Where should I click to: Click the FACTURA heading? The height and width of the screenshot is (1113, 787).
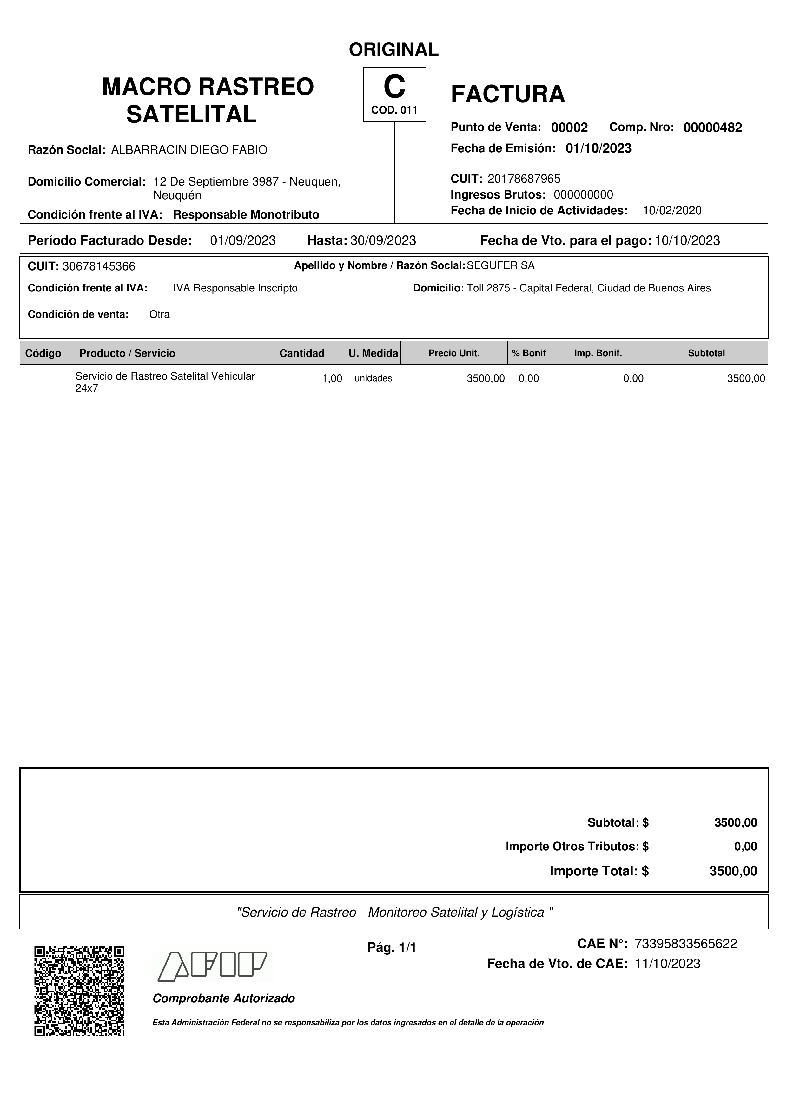tap(508, 94)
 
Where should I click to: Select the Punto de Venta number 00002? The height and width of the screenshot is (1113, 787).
tap(569, 128)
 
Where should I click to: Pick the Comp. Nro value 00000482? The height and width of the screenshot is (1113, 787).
tap(712, 128)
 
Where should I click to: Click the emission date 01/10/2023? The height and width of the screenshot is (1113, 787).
tap(599, 148)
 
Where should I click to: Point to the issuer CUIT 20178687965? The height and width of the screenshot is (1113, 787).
tap(524, 179)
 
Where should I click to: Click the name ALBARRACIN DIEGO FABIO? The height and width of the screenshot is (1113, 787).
tap(189, 150)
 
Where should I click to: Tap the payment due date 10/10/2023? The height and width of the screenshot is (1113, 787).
tap(687, 240)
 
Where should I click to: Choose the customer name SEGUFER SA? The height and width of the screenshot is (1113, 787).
tap(500, 266)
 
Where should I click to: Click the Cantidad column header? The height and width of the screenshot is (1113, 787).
tap(301, 353)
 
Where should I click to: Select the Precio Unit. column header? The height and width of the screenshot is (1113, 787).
tap(454, 353)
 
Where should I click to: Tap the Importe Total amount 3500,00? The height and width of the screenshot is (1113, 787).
tap(733, 871)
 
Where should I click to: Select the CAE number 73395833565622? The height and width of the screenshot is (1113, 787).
tap(686, 943)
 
